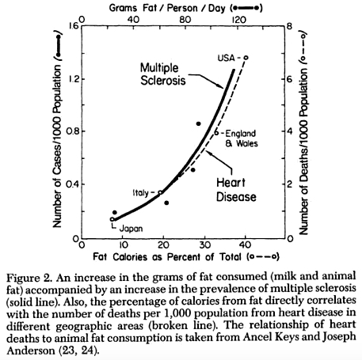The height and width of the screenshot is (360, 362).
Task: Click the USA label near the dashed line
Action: click(227, 58)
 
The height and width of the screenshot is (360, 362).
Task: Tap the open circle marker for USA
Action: click(246, 58)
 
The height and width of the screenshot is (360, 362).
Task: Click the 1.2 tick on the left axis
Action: click(73, 79)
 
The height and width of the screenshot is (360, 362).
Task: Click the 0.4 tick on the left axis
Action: click(73, 185)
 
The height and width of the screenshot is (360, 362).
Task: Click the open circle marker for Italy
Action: click(161, 192)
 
